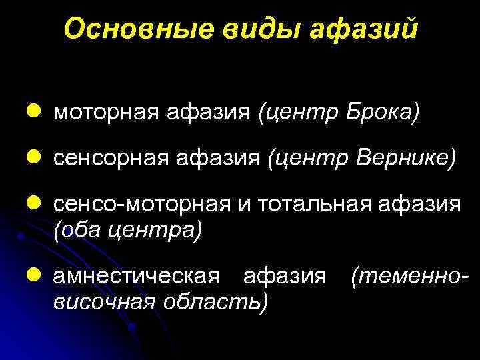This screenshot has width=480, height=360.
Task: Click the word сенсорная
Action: pyautogui.click(x=109, y=159)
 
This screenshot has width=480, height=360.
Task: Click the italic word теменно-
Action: pyautogui.click(x=405, y=275)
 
